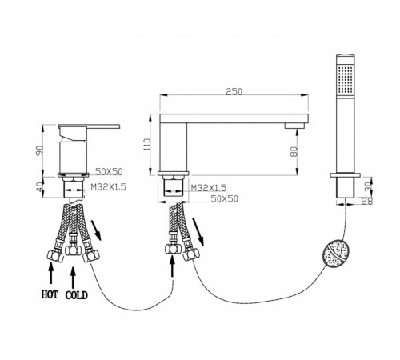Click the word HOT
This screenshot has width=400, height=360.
coord(50,294)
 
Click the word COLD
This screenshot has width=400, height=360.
coord(77,295)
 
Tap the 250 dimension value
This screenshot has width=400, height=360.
coord(234,92)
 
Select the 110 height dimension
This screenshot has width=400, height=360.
coord(147,144)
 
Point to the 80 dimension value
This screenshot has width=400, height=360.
coord(294,152)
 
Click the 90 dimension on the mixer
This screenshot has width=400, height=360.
coord(39,151)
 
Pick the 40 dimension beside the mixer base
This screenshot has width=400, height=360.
coord(40,187)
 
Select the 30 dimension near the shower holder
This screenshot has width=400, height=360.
coord(368,186)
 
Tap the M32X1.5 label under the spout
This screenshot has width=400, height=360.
coord(209,188)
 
